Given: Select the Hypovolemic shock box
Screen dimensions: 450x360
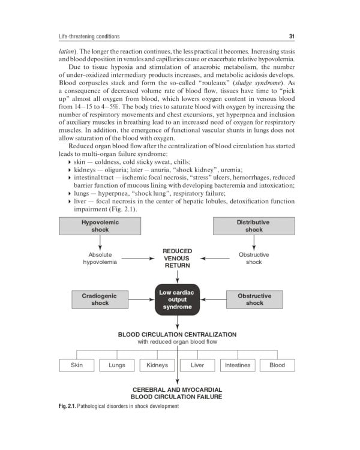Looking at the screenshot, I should point(100,226).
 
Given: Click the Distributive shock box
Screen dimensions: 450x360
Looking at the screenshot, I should point(254,226).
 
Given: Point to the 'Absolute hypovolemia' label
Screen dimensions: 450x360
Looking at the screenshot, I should point(100,259).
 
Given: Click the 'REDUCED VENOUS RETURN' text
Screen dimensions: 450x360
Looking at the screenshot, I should point(178,258).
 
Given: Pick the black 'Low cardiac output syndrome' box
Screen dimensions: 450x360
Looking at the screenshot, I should point(178,299).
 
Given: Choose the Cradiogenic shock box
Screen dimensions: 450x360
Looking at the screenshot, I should point(100,299).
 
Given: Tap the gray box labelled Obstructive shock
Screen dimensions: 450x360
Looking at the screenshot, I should point(254,299).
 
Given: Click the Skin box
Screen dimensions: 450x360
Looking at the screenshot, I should point(77,365).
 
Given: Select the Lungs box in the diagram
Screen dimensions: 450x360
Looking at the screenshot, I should point(117,365).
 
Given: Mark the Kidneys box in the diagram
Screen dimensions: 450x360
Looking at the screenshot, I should point(157,365).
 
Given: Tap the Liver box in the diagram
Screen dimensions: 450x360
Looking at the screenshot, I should point(197,365).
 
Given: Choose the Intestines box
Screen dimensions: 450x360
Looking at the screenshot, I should point(238,365).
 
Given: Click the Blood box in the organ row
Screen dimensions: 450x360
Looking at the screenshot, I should point(277,365).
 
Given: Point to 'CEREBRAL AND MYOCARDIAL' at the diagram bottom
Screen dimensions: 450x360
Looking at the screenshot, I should point(177,389).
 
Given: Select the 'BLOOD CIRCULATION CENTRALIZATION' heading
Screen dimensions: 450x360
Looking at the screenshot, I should point(177,334).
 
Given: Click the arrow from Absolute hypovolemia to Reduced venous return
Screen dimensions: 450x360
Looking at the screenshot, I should point(139,259).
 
